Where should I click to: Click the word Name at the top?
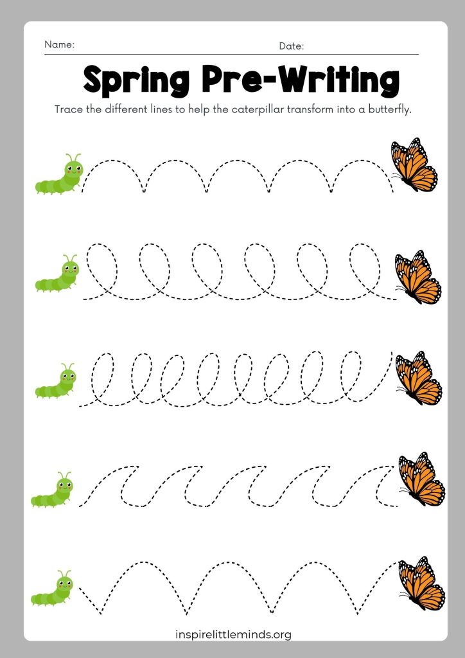point(59,44)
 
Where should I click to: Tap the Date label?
point(291,46)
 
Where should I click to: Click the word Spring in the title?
point(136,82)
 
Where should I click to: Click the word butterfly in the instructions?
point(389,110)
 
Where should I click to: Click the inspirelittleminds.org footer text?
point(234,634)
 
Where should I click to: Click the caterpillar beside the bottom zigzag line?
point(52,588)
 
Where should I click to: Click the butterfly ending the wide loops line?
point(418,277)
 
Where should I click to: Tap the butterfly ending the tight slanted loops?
point(419,378)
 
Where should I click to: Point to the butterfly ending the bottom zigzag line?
point(421,583)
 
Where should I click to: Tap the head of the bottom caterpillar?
point(65,583)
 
